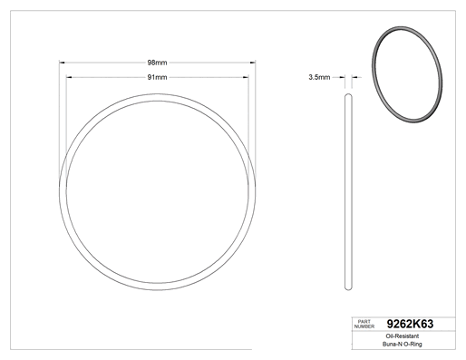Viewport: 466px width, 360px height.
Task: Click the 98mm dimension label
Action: [x=157, y=63]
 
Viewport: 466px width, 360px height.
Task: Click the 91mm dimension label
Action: [x=157, y=77]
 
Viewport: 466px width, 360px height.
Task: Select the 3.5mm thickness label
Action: [x=319, y=77]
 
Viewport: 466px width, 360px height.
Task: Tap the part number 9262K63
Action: [x=410, y=324]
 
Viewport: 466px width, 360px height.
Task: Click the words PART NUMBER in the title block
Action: [x=364, y=324]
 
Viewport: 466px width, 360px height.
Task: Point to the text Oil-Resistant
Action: [x=403, y=336]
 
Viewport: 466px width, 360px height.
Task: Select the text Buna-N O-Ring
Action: [x=403, y=344]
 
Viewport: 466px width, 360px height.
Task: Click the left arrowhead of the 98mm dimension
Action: [x=62, y=63]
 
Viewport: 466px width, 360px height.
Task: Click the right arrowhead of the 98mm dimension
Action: [x=253, y=63]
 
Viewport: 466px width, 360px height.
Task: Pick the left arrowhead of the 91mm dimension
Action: [x=69, y=77]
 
